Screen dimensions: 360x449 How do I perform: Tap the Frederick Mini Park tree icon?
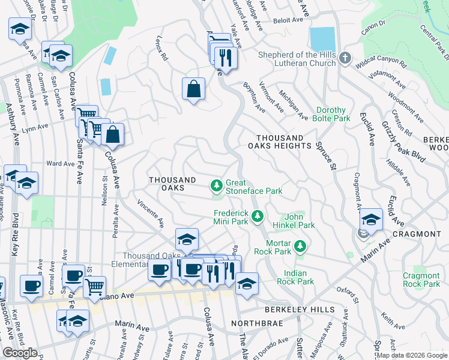[x=258, y=215]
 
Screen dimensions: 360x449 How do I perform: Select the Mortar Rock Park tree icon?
[x=300, y=245]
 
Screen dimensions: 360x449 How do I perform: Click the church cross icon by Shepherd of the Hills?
[x=345, y=58]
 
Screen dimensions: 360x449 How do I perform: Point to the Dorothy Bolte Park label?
[x=331, y=114]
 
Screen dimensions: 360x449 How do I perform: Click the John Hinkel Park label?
[x=300, y=221]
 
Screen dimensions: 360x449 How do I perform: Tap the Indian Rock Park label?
[x=295, y=277]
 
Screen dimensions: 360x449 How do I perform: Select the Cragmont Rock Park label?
[x=421, y=280]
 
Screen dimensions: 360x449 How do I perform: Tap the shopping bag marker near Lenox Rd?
[x=194, y=89]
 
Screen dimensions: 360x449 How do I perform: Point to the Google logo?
[x=20, y=353]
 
